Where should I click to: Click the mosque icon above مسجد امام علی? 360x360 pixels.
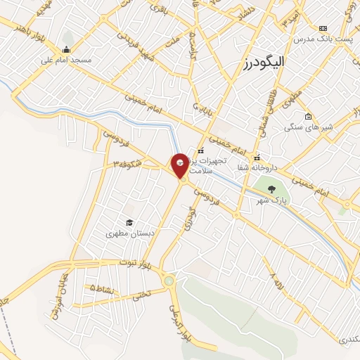tap(66, 49)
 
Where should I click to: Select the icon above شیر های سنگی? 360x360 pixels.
tap(308, 117)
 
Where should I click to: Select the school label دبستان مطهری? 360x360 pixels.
tap(127, 233)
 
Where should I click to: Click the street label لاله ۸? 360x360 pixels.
tap(276, 282)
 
